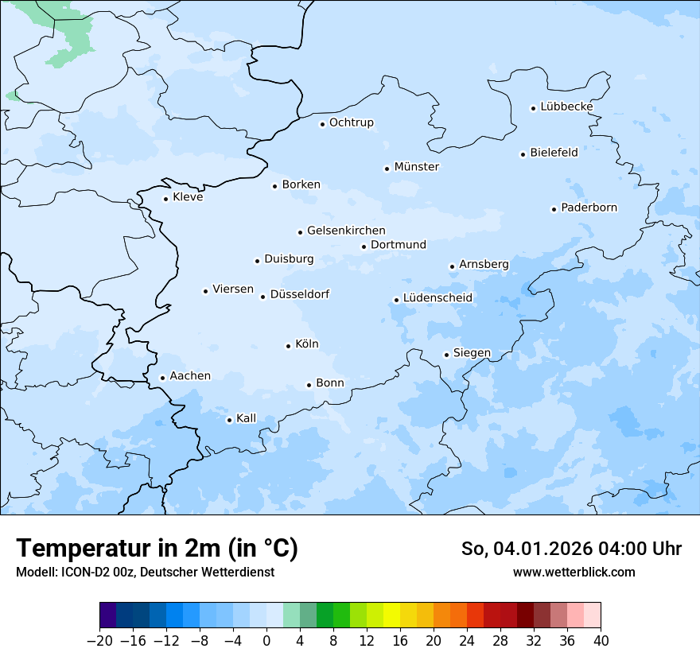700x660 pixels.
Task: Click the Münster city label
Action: (x=417, y=167)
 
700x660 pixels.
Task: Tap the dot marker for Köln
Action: (x=288, y=346)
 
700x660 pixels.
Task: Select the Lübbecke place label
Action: (x=566, y=107)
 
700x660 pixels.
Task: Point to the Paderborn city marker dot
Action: (x=554, y=209)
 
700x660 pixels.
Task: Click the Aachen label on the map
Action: (x=190, y=376)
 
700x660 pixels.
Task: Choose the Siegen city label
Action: (x=472, y=353)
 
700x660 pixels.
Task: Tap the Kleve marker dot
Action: (x=165, y=199)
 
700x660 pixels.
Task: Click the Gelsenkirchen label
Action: (x=346, y=231)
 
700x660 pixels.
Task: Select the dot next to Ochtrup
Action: (x=322, y=124)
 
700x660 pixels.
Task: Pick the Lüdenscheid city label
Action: (x=437, y=298)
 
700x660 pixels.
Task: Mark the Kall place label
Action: (x=247, y=418)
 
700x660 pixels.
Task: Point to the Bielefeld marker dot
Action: (x=523, y=154)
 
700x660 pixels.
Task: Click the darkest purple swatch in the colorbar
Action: (x=107, y=615)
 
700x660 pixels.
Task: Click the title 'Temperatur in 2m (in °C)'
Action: (x=157, y=549)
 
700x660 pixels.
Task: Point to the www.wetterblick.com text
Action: (x=574, y=572)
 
